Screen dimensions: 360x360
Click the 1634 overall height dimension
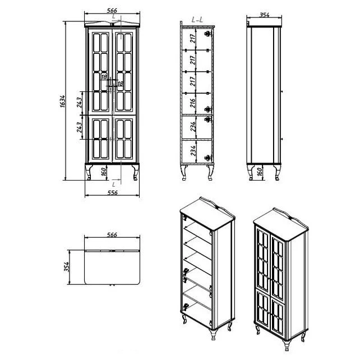[62, 101]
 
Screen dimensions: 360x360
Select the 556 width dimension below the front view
[112, 193]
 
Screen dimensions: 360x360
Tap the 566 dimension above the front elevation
[112, 11]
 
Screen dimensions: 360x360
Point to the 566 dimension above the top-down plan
[112, 235]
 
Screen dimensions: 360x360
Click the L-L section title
[197, 20]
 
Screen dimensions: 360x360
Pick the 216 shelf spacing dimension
[193, 103]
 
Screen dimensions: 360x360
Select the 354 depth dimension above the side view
[264, 15]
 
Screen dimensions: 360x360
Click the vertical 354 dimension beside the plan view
[67, 267]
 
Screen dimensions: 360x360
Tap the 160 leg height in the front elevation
[104, 172]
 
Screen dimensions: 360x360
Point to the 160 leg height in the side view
[259, 172]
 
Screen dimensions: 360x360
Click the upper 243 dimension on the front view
[79, 103]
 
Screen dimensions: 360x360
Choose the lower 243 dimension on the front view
[79, 127]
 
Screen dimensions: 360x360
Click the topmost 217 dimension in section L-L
[193, 38]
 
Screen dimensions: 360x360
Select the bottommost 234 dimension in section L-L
[193, 151]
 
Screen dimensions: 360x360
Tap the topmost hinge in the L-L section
[208, 34]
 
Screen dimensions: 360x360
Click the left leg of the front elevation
[89, 172]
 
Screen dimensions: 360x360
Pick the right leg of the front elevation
[136, 172]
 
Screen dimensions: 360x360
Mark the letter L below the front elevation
[114, 184]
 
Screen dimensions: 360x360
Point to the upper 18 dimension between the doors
[104, 77]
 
